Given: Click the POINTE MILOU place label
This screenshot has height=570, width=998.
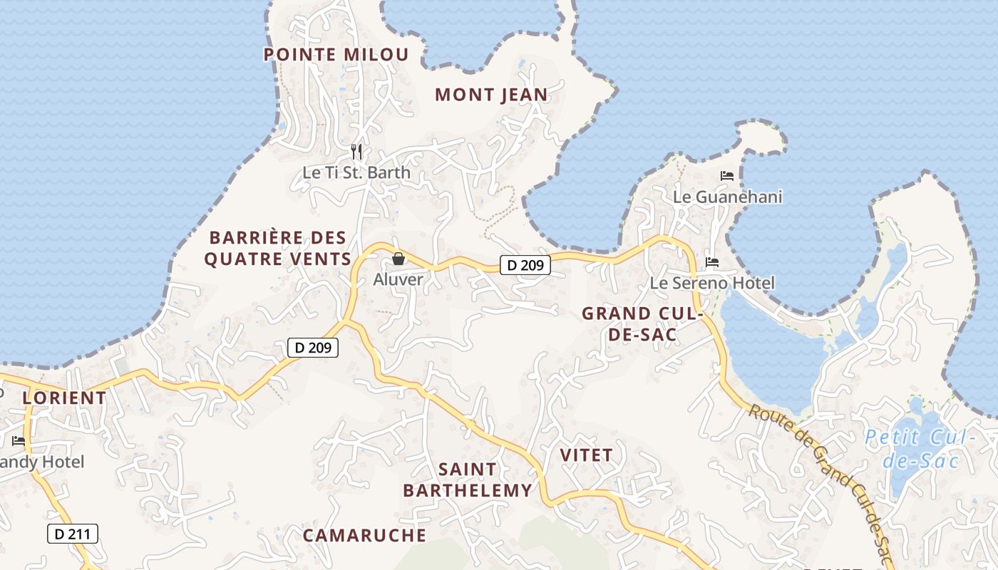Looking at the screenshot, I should pyautogui.click(x=336, y=55).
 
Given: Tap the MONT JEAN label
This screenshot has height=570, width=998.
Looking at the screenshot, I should pyautogui.click(x=491, y=95).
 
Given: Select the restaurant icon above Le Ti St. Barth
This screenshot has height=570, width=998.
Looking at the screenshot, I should pyautogui.click(x=357, y=151).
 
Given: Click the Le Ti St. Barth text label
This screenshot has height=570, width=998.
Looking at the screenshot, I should pyautogui.click(x=356, y=172).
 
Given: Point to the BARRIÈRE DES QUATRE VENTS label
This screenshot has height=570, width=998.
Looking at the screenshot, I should pyautogui.click(x=278, y=248).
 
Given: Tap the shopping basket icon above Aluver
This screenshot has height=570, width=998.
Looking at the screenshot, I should pyautogui.click(x=398, y=259).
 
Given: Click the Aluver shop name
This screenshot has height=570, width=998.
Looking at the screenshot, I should pyautogui.click(x=398, y=279).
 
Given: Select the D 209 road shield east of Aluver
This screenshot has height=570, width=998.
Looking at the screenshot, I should pyautogui.click(x=525, y=266).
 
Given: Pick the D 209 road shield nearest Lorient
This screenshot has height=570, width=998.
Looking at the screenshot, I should pyautogui.click(x=312, y=348).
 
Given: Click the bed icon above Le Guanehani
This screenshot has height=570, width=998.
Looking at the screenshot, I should pyautogui.click(x=727, y=175).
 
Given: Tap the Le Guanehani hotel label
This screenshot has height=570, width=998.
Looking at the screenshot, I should pyautogui.click(x=728, y=197).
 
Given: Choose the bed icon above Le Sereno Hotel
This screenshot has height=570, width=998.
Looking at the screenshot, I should pyautogui.click(x=712, y=262).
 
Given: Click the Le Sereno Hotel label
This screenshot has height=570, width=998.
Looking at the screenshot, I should pyautogui.click(x=712, y=283).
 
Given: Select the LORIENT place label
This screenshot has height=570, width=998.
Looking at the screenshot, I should pyautogui.click(x=64, y=398).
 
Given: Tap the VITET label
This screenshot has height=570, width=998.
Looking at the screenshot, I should pyautogui.click(x=586, y=455).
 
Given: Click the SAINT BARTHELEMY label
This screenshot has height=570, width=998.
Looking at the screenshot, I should pyautogui.click(x=468, y=480).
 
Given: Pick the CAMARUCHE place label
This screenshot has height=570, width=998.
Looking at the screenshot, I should pyautogui.click(x=364, y=535).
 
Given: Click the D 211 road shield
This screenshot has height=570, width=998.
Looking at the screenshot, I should pyautogui.click(x=73, y=533).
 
